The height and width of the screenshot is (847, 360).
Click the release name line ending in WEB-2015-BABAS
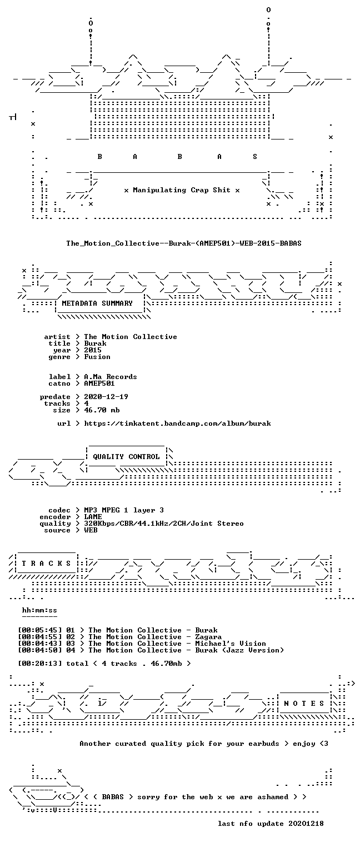pyautogui.click(x=184, y=243)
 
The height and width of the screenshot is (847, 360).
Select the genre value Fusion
pyautogui.click(x=97, y=357)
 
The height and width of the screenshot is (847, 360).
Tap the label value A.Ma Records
pyautogui.click(x=111, y=377)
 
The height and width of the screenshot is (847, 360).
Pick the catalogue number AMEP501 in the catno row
pyautogui.click(x=99, y=383)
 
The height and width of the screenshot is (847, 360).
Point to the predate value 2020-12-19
pyautogui.click(x=106, y=397)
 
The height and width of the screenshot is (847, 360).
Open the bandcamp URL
pyautogui.click(x=177, y=423)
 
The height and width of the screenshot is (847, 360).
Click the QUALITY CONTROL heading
pyautogui.click(x=126, y=457)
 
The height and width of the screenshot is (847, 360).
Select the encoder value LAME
pyautogui.click(x=93, y=517)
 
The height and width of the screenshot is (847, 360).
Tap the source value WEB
pyautogui.click(x=91, y=530)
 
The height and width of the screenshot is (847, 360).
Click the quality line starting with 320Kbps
pyautogui.click(x=164, y=524)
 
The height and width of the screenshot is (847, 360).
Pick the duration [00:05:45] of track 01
pyautogui.click(x=40, y=630)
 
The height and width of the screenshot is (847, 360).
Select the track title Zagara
pyautogui.click(x=208, y=637)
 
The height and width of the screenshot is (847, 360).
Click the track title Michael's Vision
pyautogui.click(x=231, y=644)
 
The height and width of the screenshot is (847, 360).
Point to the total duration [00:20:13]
pyautogui.click(x=40, y=664)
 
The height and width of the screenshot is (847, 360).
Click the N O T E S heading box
pyautogui.click(x=304, y=703)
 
